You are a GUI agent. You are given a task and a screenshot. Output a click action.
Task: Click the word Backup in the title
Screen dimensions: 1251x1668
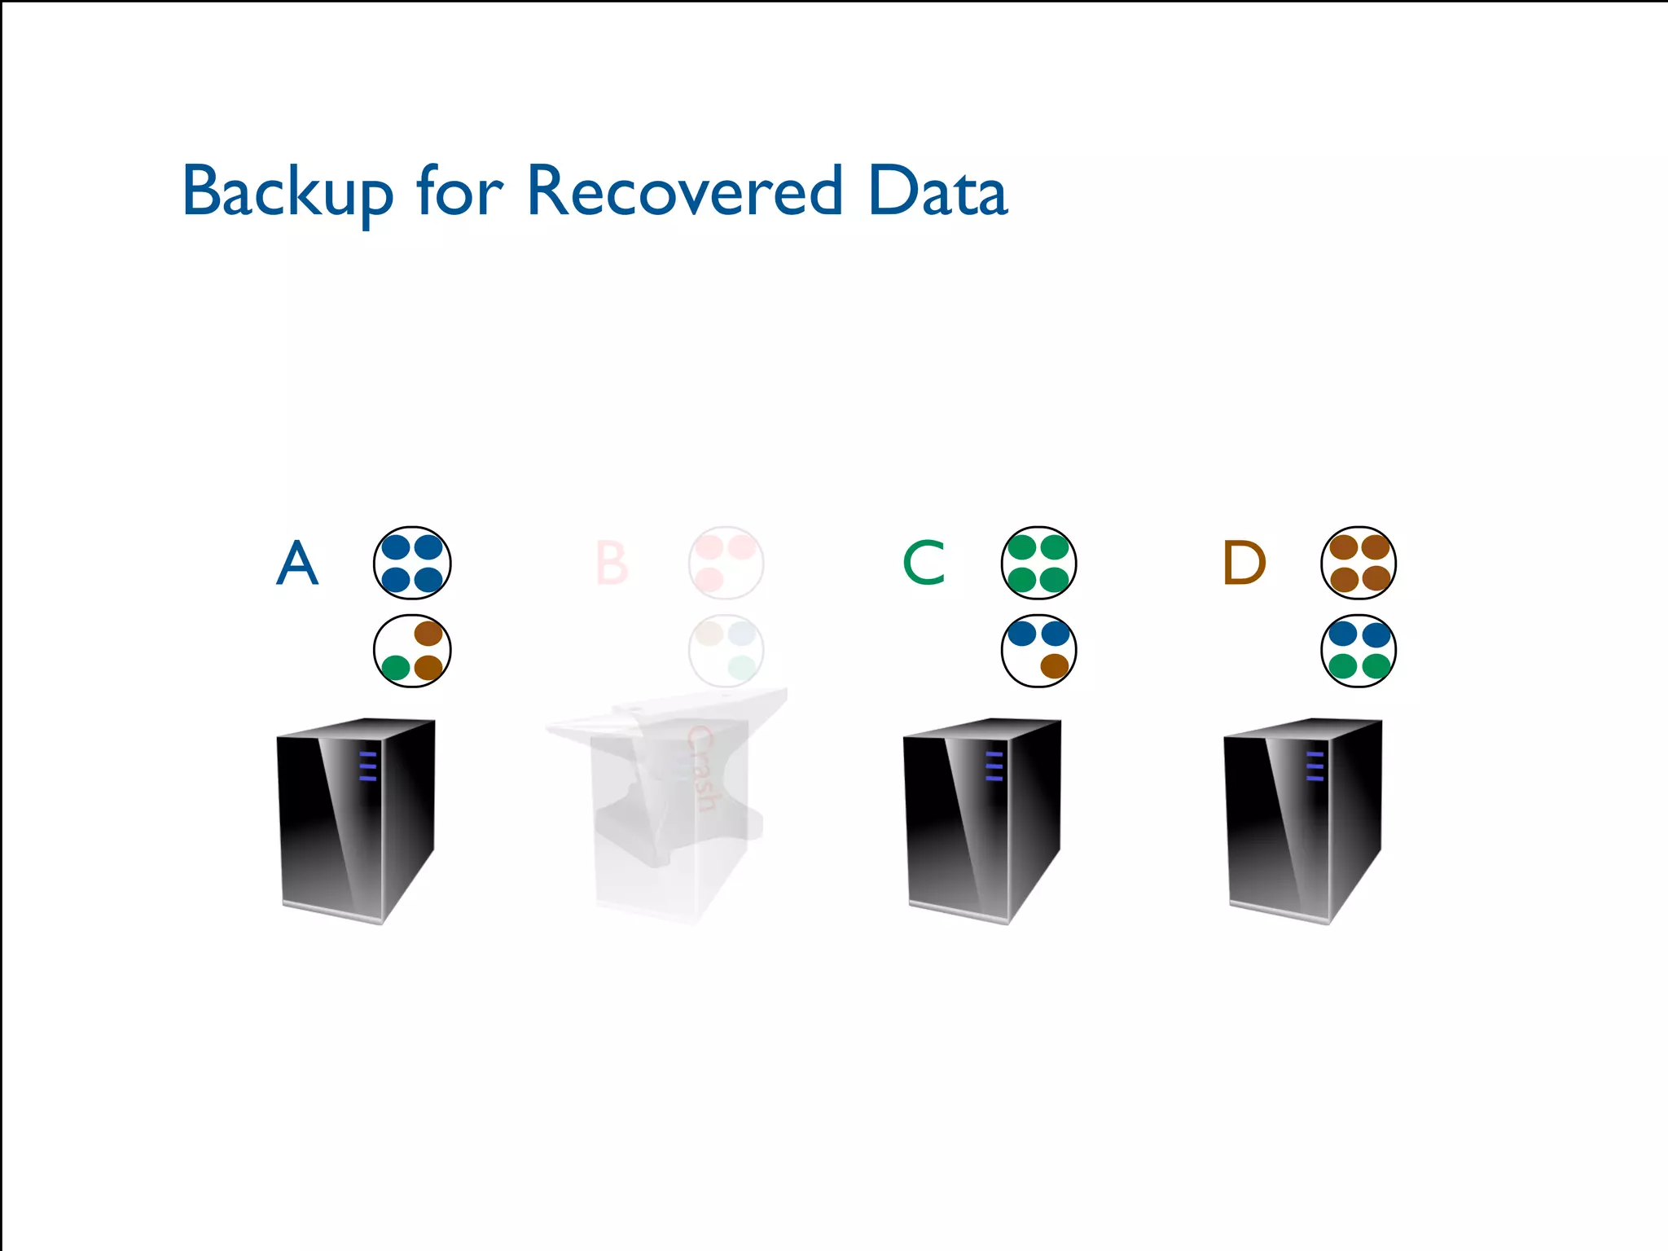click(288, 192)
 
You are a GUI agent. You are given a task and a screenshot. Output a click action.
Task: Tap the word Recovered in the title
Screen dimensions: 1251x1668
click(684, 192)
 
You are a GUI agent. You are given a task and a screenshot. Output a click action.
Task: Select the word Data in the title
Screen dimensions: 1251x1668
click(937, 192)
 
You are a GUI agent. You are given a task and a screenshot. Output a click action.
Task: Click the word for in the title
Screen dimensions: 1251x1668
click(460, 192)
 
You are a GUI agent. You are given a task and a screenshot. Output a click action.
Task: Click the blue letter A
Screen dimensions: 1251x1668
click(297, 563)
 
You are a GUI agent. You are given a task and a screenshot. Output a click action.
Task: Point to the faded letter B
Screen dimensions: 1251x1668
click(612, 563)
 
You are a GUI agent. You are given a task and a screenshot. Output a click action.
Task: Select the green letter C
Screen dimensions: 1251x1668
click(924, 563)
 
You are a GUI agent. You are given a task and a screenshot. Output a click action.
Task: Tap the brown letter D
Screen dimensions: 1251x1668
click(1244, 563)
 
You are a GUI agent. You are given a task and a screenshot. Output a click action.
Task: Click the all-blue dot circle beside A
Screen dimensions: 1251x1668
click(412, 563)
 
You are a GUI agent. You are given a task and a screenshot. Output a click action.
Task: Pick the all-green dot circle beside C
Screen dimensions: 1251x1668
click(1038, 563)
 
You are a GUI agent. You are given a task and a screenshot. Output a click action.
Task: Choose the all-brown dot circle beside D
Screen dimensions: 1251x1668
click(1359, 563)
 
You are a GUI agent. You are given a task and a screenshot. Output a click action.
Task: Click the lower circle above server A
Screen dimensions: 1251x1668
click(412, 651)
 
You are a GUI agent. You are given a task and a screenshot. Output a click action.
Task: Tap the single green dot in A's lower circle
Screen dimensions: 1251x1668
click(396, 668)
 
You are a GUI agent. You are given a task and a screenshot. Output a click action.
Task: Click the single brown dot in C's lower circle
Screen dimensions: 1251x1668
click(1055, 666)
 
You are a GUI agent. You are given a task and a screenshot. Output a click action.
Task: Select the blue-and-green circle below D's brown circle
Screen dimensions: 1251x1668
click(1359, 651)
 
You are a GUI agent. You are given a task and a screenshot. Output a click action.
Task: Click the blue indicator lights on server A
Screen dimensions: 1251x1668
click(368, 766)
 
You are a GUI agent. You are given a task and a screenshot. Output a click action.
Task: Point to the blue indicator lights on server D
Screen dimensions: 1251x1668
click(1315, 766)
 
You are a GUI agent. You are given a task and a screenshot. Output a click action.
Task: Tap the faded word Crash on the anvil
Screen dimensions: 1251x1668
click(700, 770)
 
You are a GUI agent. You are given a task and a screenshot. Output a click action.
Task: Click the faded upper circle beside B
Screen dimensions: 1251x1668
click(726, 563)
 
